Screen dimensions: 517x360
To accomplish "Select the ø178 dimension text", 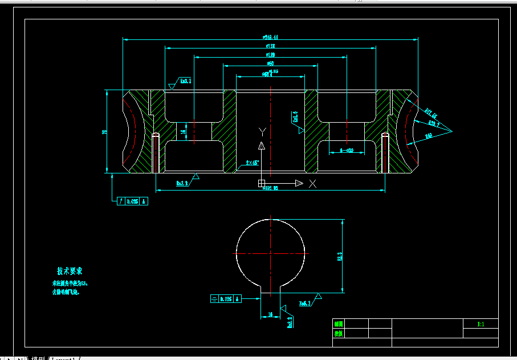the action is point(270,46).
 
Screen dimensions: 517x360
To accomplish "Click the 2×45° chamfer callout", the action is point(252,163).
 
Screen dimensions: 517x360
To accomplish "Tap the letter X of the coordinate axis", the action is point(312,183).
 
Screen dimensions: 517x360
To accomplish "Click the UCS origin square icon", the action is point(262,183).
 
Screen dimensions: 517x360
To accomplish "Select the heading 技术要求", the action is point(70,272).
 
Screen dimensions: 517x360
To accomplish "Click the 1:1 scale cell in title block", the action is point(481,324).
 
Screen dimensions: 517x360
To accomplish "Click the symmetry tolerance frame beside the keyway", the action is point(225,298).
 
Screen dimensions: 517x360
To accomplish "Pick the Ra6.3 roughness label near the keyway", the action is point(305,304).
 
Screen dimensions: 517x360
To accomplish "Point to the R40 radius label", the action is point(429,135).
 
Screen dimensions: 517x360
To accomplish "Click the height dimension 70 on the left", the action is point(104,132).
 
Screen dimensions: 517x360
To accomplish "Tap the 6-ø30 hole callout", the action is point(347,150).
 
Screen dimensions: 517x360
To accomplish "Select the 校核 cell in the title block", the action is point(338,333).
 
